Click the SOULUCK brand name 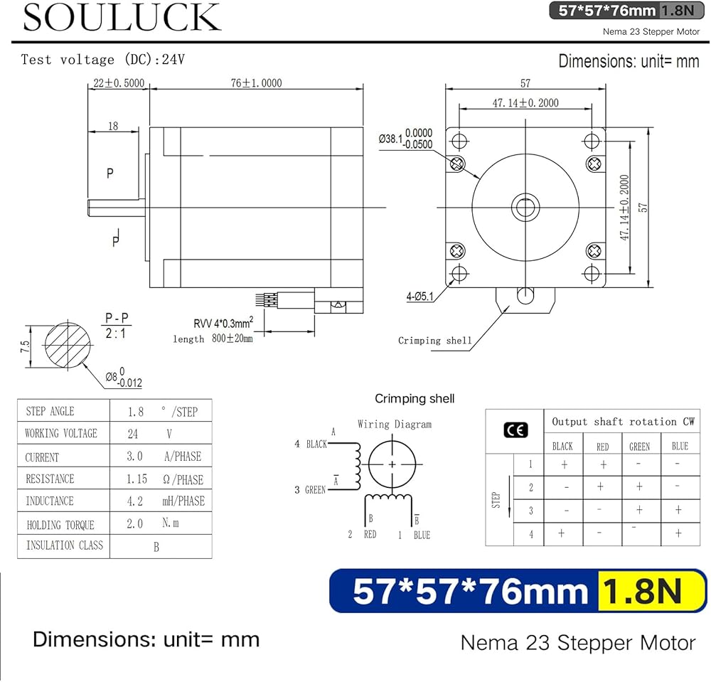pos(122,17)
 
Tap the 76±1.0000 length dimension pos(256,83)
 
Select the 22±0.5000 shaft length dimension pos(119,83)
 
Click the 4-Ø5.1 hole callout pos(420,297)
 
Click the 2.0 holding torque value pos(134,523)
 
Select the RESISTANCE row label pos(50,479)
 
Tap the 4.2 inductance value pos(134,501)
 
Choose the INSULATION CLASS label pos(65,545)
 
